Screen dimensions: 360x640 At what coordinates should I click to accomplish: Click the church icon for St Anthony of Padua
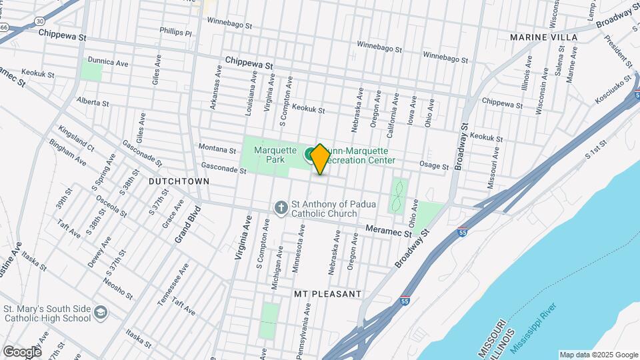pyautogui.click(x=281, y=209)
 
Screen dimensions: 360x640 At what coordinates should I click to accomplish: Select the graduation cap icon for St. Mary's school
pyautogui.click(x=100, y=313)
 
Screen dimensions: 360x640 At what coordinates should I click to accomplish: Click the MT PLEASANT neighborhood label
pyautogui.click(x=327, y=293)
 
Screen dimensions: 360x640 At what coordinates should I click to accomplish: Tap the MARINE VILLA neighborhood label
pyautogui.click(x=543, y=37)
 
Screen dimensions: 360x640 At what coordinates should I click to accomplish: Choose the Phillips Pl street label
pyautogui.click(x=175, y=31)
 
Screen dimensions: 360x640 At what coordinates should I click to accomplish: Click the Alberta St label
pyautogui.click(x=92, y=102)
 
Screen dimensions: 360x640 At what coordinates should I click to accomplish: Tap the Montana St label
pyautogui.click(x=217, y=150)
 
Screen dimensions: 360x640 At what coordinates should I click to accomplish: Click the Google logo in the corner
pyautogui.click(x=21, y=351)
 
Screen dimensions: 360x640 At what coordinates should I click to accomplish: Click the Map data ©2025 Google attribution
pyautogui.click(x=598, y=355)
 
